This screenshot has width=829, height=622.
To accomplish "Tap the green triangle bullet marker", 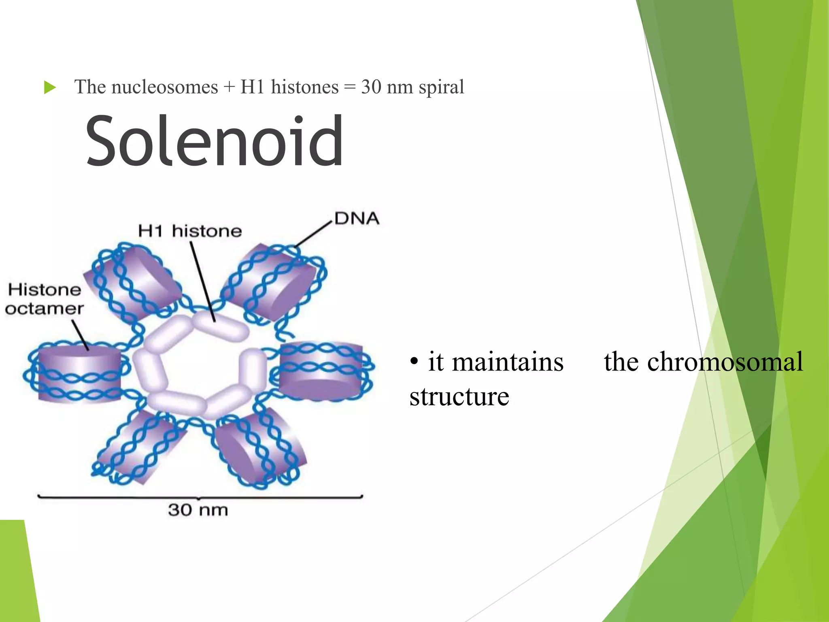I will (50, 87).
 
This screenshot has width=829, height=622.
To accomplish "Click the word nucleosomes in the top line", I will (164, 87).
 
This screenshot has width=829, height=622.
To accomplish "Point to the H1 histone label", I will (190, 231).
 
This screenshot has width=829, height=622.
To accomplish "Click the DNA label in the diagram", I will (357, 219).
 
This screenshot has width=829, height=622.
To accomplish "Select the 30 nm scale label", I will (198, 510).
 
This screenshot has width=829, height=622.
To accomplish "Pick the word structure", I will (459, 396).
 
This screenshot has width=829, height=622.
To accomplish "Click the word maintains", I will (508, 361).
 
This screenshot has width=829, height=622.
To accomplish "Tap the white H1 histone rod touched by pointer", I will (221, 326).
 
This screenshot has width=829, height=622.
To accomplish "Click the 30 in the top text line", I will (371, 87).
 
